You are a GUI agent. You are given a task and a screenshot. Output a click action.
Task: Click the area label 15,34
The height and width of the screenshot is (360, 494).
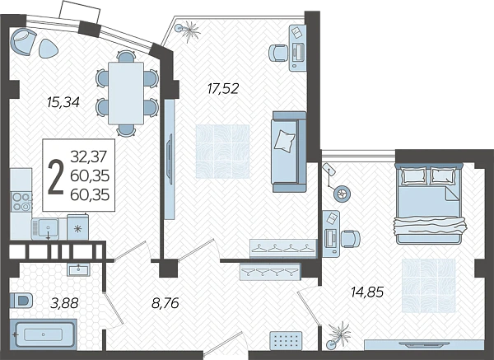pyautogui.click(x=63, y=102)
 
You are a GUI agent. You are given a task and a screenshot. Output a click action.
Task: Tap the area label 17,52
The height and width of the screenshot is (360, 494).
pyautogui.click(x=223, y=88)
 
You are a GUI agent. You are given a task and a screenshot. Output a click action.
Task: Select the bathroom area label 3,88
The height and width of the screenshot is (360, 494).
pyautogui.click(x=64, y=304)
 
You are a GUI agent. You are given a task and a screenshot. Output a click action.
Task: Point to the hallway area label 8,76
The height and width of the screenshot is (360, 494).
pyautogui.click(x=165, y=303)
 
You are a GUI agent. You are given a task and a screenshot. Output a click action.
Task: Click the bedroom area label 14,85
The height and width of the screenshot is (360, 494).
pyautogui.click(x=367, y=292)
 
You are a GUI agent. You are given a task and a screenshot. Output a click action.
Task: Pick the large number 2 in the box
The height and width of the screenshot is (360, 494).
pyautogui.click(x=56, y=178)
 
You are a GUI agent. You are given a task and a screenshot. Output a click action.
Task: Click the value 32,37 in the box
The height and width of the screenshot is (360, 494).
pyautogui.click(x=90, y=157)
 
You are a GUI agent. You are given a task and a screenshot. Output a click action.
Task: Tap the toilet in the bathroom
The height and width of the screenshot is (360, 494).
pyautogui.click(x=21, y=300)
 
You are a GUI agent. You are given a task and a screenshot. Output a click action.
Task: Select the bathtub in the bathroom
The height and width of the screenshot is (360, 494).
pyautogui.click(x=44, y=334)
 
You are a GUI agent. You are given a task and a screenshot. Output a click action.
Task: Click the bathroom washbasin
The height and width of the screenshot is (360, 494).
pyautogui.click(x=78, y=269)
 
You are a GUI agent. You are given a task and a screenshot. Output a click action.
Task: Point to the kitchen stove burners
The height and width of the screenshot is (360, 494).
pyautogui.click(x=21, y=202)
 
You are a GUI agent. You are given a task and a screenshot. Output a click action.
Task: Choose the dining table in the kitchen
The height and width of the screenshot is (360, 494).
pyautogui.click(x=126, y=93)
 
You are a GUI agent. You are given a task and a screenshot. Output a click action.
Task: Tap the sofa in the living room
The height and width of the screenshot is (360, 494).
pyautogui.click(x=289, y=152)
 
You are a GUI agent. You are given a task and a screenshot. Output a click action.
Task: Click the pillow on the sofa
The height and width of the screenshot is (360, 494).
pyautogui.click(x=285, y=142)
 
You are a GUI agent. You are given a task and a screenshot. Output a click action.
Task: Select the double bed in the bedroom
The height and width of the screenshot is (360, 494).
pyautogui.click(x=429, y=203)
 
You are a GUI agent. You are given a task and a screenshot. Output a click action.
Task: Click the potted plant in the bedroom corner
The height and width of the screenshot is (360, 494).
pyautogui.click(x=338, y=336)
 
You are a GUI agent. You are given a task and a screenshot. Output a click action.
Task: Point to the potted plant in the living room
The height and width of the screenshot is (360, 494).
pyautogui.click(x=189, y=30)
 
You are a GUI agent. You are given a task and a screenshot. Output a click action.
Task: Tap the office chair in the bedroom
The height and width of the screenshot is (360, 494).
pyautogui.click(x=351, y=239)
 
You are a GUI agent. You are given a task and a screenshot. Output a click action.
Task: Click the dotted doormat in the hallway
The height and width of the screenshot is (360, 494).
pyautogui.click(x=286, y=340)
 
